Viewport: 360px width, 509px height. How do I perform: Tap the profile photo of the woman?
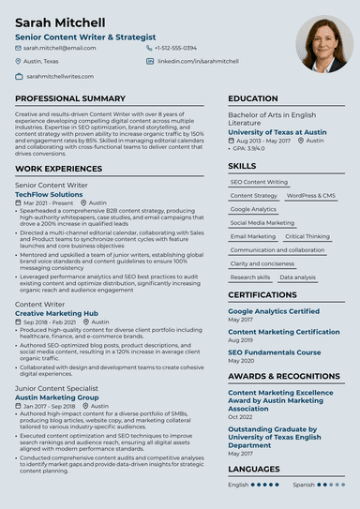(x=324, y=44)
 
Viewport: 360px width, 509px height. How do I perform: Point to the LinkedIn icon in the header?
(x=150, y=61)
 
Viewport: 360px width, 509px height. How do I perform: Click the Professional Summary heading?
(x=70, y=98)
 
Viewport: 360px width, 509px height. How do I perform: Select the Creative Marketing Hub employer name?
(x=56, y=313)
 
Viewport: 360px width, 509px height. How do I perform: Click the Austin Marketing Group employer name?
(x=57, y=397)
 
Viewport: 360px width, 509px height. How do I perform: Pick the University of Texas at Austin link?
(x=277, y=132)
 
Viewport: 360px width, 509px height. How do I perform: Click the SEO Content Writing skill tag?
(x=259, y=182)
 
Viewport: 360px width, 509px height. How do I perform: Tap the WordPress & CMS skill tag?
(x=310, y=196)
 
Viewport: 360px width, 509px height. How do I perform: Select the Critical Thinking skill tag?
(x=307, y=237)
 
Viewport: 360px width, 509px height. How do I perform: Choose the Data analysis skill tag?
(x=297, y=277)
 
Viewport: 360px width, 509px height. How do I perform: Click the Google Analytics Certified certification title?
(x=274, y=311)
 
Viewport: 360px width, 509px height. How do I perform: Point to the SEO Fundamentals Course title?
(x=274, y=352)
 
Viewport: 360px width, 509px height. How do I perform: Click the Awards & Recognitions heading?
(x=285, y=376)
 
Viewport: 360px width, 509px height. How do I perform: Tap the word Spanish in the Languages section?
(x=303, y=485)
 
